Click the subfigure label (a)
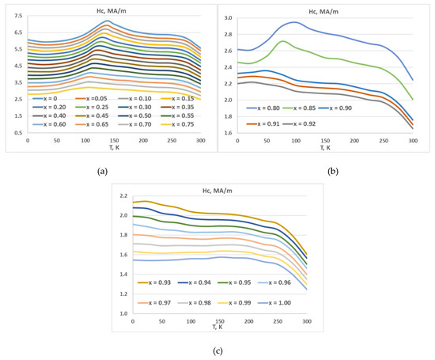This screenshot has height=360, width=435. pyautogui.click(x=102, y=170)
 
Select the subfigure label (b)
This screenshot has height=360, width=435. pyautogui.click(x=323, y=170)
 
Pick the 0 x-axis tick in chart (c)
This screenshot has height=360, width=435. pyautogui.click(x=132, y=320)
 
